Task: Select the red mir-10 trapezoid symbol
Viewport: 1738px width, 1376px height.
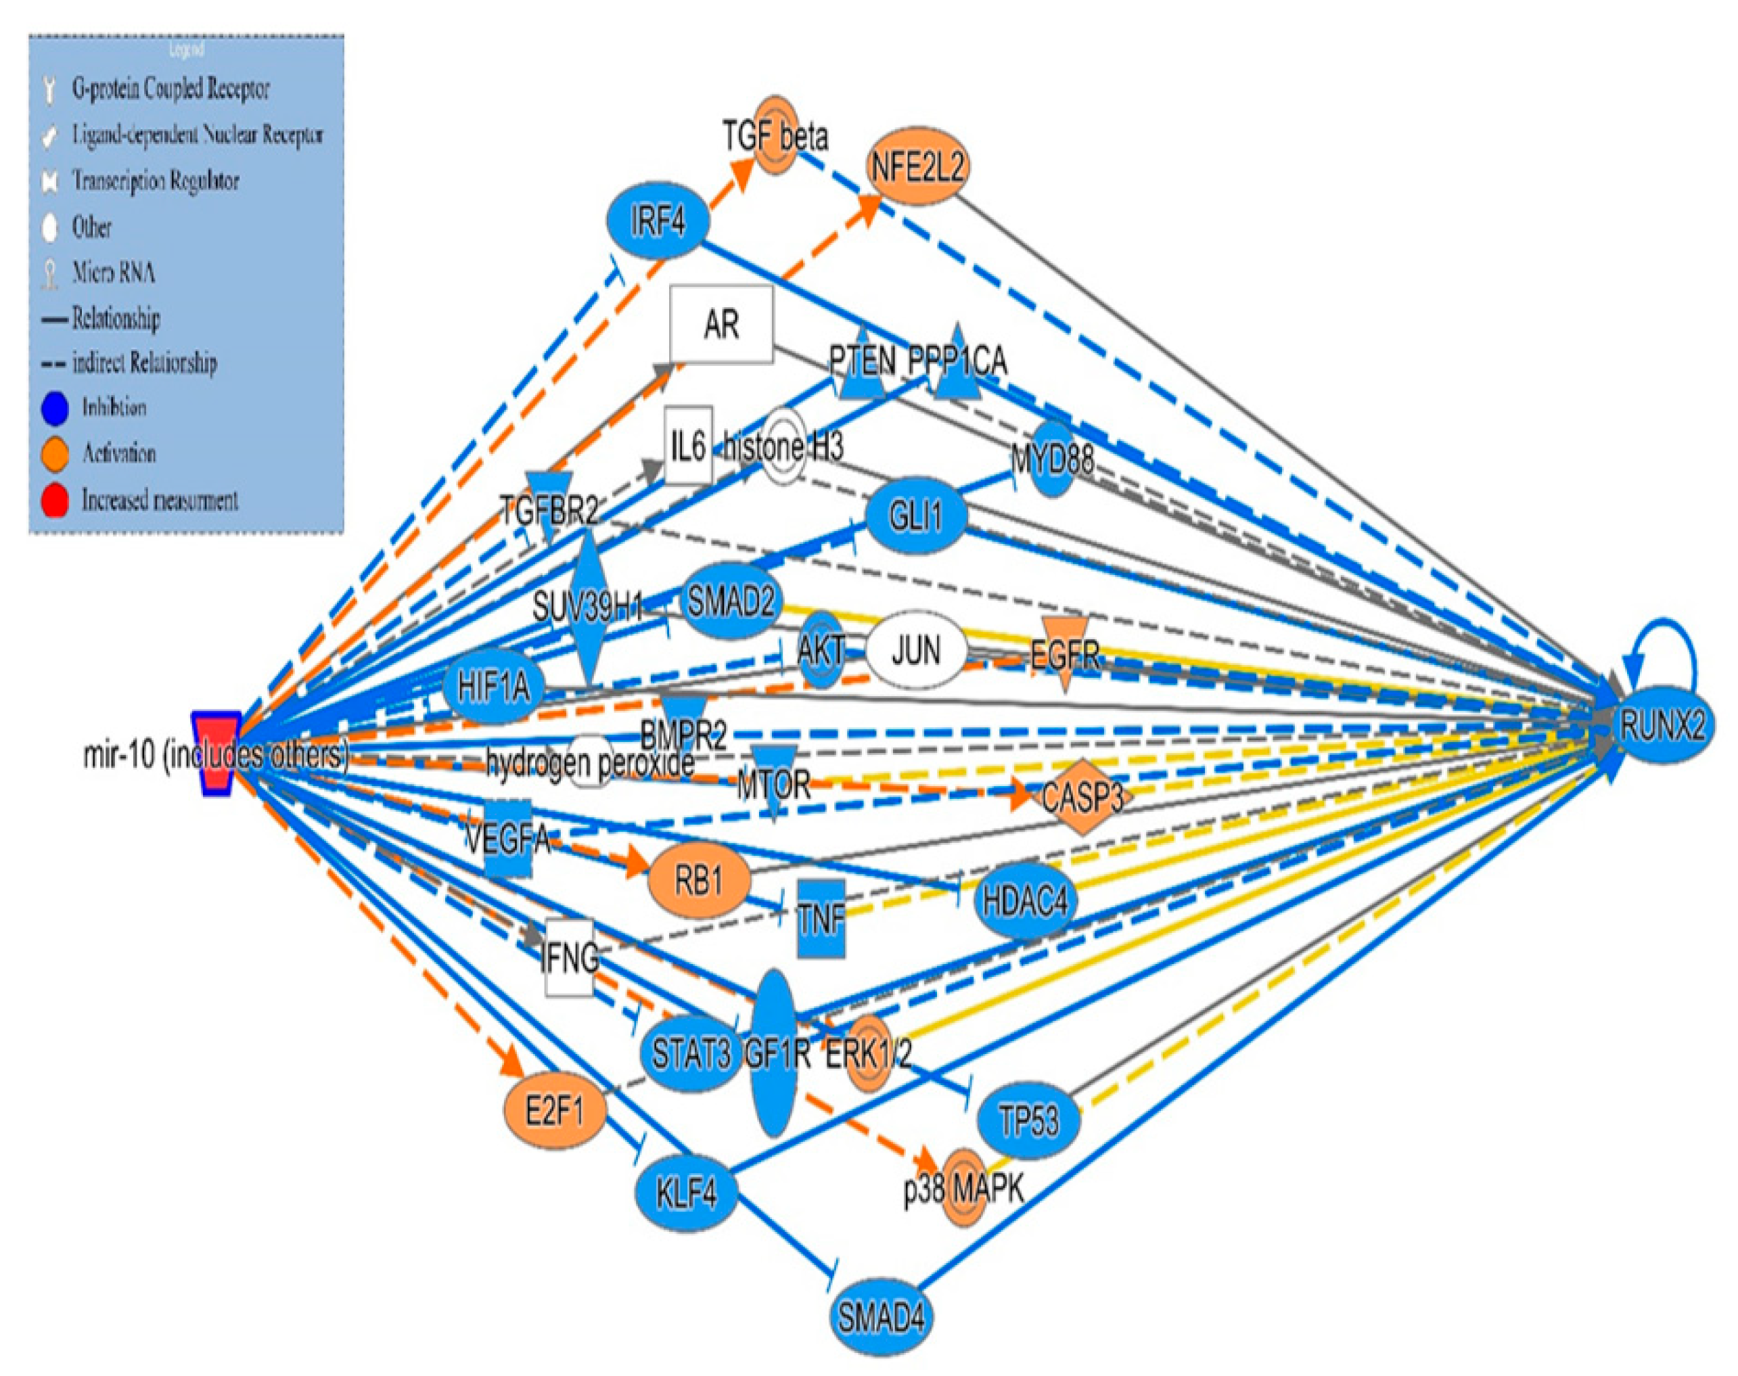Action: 215,753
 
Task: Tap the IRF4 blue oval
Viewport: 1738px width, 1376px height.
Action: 658,220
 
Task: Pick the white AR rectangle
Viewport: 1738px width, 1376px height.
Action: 721,324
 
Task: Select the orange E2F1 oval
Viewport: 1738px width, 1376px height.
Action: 554,1113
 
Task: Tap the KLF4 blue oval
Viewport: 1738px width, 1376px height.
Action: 687,1192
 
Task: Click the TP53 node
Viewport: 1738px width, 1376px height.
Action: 1028,1120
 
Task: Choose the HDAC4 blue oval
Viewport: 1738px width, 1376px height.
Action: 1025,900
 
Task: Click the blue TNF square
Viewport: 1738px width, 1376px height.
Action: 821,919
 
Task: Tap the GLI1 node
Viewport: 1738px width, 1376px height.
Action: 916,515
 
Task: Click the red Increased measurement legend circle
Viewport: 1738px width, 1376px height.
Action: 54,501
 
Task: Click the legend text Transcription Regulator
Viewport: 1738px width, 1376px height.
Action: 156,181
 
